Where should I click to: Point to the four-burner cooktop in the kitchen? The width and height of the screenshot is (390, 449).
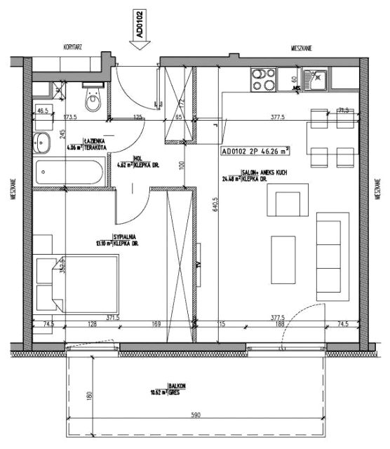point(262,76)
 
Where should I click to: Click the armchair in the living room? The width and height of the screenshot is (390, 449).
point(290,201)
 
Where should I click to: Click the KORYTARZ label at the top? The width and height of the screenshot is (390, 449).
point(74,47)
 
